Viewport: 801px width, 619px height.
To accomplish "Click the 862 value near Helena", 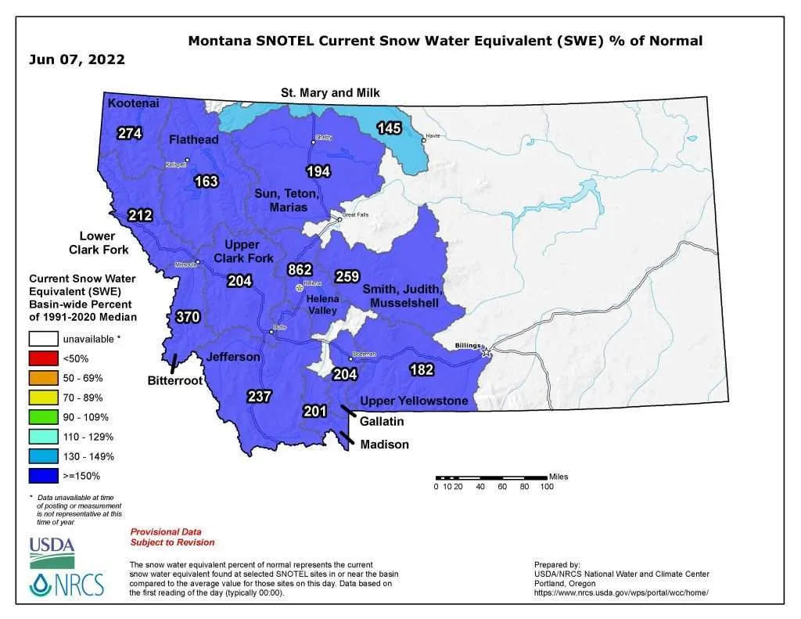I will tap(300, 269).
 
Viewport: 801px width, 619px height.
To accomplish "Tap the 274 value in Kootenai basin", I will tap(130, 133).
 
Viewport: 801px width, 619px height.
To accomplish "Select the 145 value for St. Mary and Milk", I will tap(390, 128).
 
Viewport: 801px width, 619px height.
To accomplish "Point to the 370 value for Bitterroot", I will tap(188, 317).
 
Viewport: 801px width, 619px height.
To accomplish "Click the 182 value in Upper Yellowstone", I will tap(422, 369).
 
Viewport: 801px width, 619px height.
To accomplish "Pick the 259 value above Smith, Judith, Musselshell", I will tap(347, 276).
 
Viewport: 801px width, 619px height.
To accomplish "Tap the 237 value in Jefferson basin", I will tap(259, 396).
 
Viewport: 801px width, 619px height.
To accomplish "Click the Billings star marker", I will tap(487, 353).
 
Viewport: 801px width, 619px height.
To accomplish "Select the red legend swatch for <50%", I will tap(45, 358).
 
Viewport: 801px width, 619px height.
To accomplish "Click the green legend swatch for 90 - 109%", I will tap(45, 416).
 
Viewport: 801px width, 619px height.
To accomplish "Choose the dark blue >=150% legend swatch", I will tap(45, 475).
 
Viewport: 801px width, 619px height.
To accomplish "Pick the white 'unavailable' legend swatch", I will tap(45, 339).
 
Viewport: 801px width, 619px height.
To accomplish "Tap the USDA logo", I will tap(52, 551).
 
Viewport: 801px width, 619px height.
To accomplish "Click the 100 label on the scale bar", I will tap(547, 487).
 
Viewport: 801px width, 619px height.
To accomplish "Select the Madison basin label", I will tap(384, 444).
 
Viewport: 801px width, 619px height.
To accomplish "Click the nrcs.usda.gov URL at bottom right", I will tap(621, 593).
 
